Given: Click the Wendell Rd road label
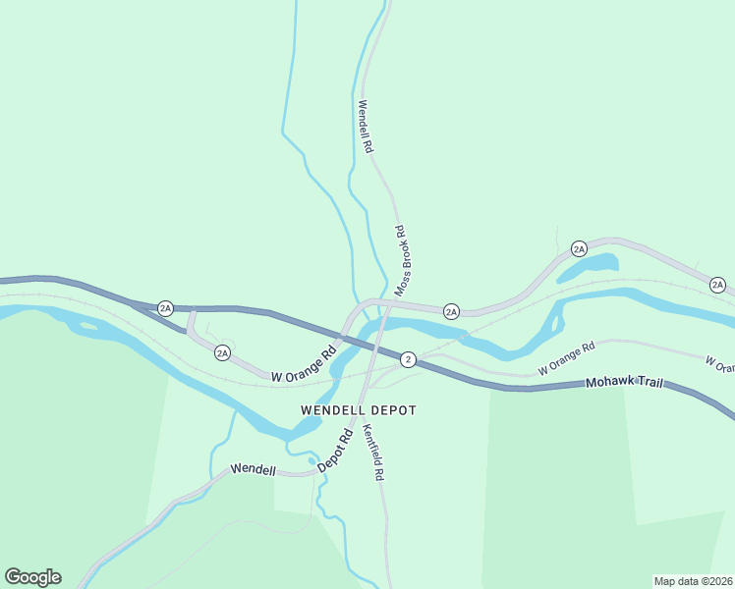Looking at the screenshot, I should [x=366, y=127].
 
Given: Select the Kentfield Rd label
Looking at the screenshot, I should [x=372, y=452].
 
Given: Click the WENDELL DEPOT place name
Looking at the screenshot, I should [x=359, y=410].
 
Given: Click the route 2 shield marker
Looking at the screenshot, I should [x=408, y=359].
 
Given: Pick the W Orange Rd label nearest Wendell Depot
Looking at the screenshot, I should [x=304, y=361].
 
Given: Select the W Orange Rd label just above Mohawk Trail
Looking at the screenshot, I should [x=567, y=358].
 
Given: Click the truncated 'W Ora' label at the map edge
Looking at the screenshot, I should [x=719, y=364].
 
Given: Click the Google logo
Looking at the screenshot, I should [x=32, y=576].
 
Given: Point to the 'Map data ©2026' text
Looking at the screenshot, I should [x=694, y=581].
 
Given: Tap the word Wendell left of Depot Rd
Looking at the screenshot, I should [x=254, y=469].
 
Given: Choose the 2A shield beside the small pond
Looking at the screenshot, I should [x=579, y=249].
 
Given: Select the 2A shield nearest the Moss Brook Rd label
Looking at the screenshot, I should [x=451, y=311].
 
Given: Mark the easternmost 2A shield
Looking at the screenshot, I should [x=717, y=286].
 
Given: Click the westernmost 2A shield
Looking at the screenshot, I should [x=165, y=308].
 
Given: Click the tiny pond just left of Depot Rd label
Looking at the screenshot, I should [x=311, y=459].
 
